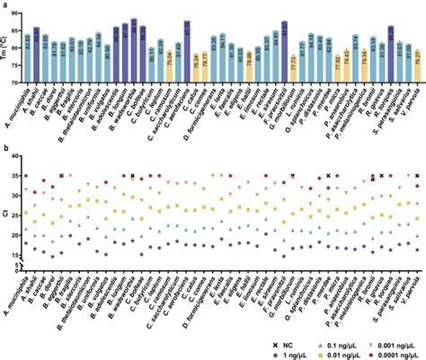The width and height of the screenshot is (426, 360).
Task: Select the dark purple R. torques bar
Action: [x=391, y=55]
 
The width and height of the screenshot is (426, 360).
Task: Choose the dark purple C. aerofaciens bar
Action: [x=187, y=52]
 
